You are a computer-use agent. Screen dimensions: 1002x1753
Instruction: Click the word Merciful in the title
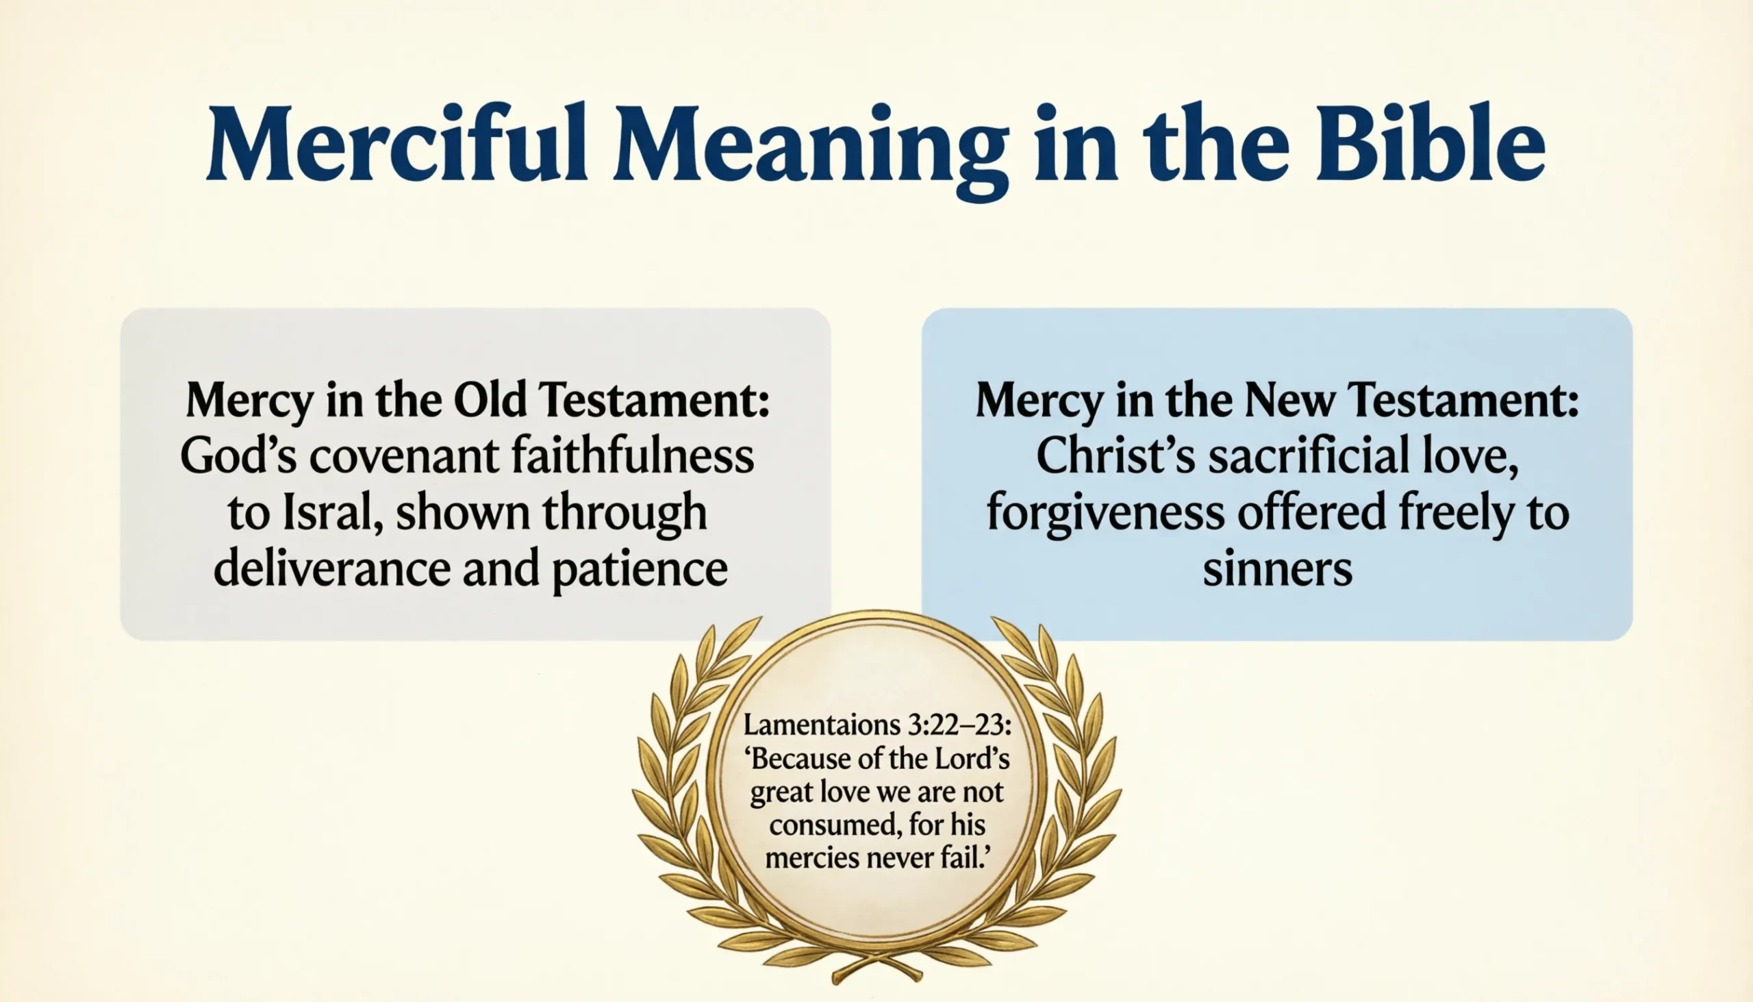(x=396, y=145)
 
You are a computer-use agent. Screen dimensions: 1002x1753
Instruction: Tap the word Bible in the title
(x=1430, y=145)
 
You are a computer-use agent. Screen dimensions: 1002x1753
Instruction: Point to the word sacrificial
(x=1308, y=456)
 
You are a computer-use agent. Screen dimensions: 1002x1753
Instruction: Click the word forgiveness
(x=1106, y=514)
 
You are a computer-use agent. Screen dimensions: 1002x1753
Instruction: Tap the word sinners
(x=1277, y=570)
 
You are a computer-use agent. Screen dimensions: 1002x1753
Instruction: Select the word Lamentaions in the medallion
(x=820, y=725)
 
